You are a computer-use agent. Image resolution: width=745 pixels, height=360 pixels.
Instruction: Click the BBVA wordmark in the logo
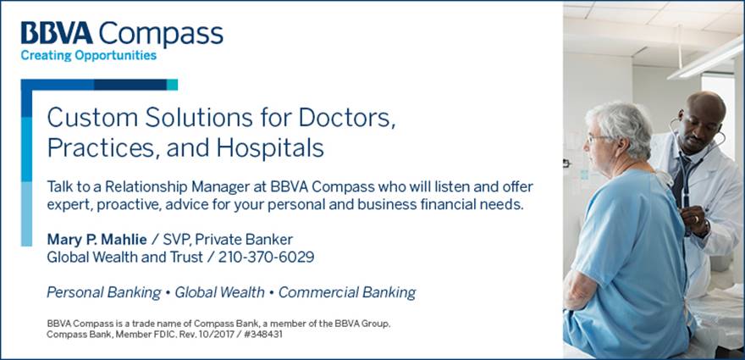pos(57,33)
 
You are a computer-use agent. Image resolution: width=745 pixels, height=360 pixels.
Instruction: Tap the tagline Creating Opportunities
pos(88,56)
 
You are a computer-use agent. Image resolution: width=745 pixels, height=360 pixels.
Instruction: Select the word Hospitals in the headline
pos(270,148)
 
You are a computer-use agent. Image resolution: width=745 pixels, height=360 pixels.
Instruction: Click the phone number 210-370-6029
pos(266,258)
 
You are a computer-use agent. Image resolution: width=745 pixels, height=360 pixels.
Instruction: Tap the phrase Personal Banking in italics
pos(103,293)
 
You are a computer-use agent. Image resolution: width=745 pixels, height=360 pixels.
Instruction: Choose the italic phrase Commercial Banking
pos(347,293)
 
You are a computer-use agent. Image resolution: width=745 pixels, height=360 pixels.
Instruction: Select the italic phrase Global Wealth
pos(219,292)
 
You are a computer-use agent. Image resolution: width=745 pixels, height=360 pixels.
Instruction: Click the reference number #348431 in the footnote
pos(263,335)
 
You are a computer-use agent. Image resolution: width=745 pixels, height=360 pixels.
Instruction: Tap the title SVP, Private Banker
pos(228,240)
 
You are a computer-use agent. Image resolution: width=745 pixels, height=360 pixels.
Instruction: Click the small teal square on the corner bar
pos(172,85)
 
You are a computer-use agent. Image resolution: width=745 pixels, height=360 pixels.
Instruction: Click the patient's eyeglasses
pos(596,139)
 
